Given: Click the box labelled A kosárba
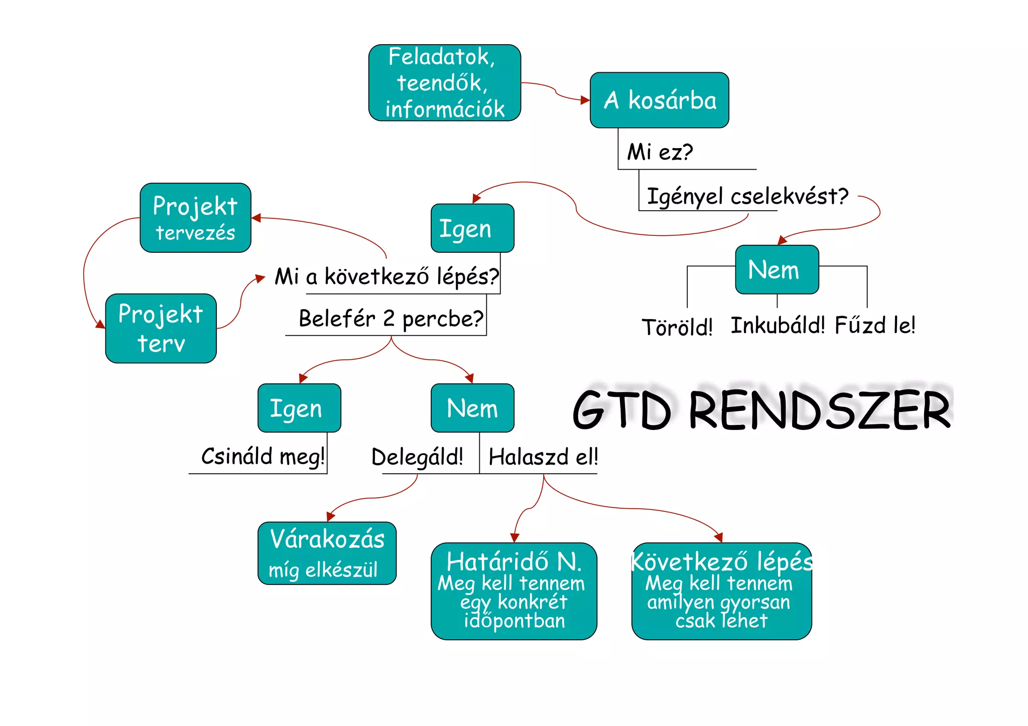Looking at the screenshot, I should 659,100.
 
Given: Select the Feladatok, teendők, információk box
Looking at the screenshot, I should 444,83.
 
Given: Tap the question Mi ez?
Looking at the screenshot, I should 660,152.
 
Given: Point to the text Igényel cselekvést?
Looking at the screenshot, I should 747,196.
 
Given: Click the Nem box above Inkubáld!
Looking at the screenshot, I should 777,269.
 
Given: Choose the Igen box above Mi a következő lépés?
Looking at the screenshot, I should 472,228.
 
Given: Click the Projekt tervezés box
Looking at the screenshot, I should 195,218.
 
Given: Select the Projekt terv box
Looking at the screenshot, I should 161,328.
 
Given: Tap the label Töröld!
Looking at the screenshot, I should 677,327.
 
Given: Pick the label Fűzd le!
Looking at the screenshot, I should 875,325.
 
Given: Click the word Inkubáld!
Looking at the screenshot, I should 778,325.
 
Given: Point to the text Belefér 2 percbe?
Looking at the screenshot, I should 391,319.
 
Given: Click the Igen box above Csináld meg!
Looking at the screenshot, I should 299,408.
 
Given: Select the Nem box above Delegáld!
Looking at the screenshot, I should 472,408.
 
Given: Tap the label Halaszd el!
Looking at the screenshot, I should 543,457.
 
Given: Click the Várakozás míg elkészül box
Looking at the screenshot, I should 327,553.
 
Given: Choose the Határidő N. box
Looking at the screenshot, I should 513,591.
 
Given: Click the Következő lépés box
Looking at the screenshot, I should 721,591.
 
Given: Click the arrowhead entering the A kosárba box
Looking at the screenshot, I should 585,100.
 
